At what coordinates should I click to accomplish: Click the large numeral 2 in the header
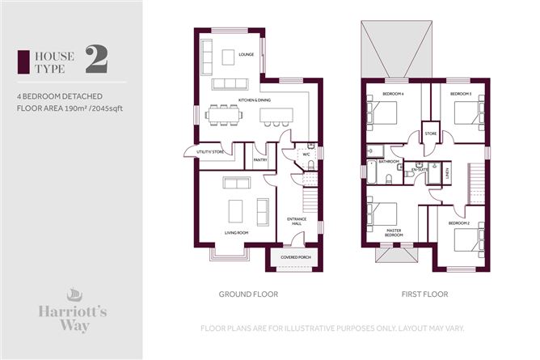pos(95,57)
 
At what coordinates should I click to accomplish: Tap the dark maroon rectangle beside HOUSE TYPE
pos(23,59)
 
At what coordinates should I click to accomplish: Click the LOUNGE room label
pos(247,55)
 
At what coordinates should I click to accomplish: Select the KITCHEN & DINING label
pos(255,100)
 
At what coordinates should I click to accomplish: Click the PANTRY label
pos(260,160)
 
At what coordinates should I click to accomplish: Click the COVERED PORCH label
pos(295,257)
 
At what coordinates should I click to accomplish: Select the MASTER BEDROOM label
pos(390,234)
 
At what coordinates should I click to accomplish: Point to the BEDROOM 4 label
pos(393,95)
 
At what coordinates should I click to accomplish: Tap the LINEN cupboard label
pos(447,172)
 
